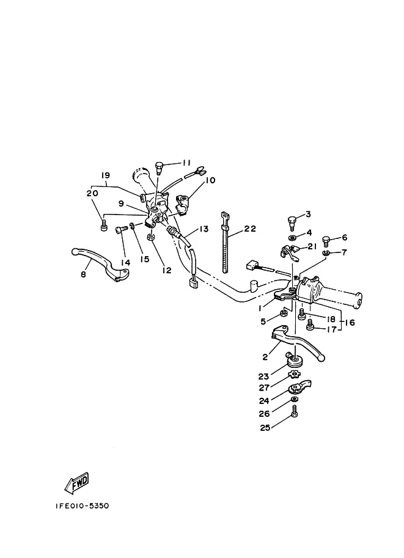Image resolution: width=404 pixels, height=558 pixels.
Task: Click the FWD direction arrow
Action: click(x=76, y=483)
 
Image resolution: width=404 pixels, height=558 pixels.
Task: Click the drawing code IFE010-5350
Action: click(x=83, y=505)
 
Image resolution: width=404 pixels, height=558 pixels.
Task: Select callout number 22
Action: click(x=250, y=229)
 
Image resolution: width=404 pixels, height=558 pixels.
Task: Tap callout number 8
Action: click(x=83, y=275)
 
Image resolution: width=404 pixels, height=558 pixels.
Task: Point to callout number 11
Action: click(x=186, y=163)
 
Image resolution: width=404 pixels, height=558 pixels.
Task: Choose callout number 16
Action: click(x=350, y=323)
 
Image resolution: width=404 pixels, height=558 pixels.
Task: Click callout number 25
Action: click(x=265, y=427)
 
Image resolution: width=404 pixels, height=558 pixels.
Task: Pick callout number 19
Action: click(x=105, y=175)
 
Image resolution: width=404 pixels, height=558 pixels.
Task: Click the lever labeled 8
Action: click(x=100, y=264)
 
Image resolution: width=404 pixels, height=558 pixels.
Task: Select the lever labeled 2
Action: click(x=298, y=342)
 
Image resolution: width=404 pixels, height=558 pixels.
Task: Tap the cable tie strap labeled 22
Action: click(x=225, y=242)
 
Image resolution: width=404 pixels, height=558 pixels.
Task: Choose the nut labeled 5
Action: click(x=284, y=313)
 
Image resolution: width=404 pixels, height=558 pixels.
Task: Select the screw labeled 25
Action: click(x=295, y=411)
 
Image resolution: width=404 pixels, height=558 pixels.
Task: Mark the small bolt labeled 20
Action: click(x=104, y=226)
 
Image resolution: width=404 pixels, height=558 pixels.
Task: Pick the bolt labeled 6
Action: click(x=326, y=241)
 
